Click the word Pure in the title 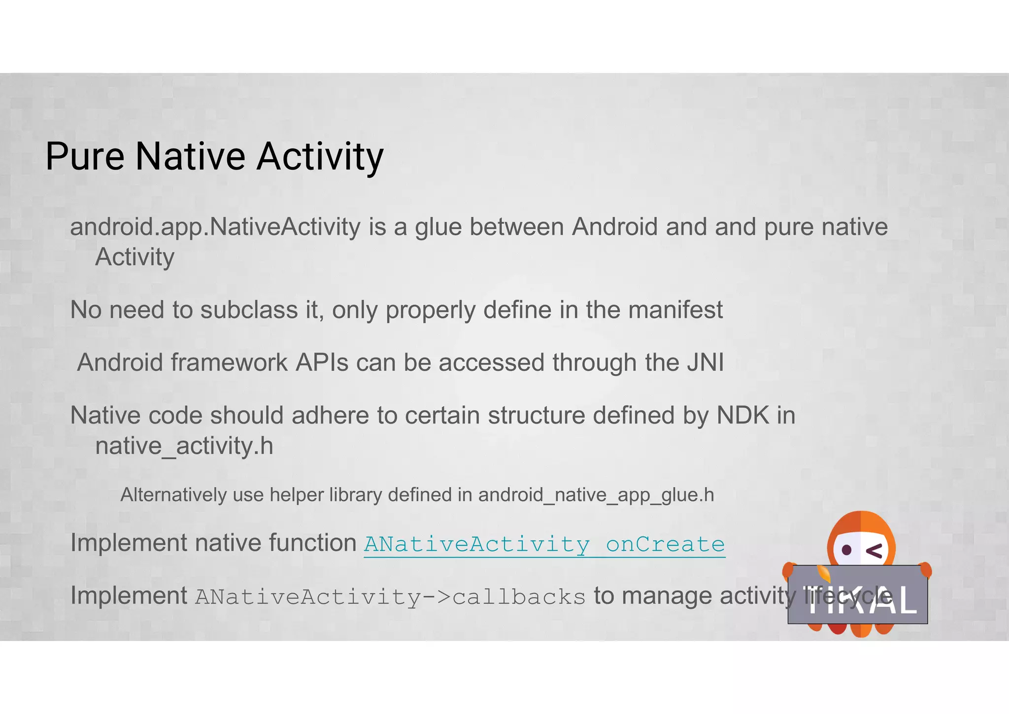click(x=85, y=156)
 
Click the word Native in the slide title click(x=190, y=156)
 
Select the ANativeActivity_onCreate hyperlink click(x=544, y=544)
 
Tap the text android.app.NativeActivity click(x=215, y=227)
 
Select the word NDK click(x=742, y=416)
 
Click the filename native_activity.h click(x=184, y=446)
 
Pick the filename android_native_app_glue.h click(x=596, y=495)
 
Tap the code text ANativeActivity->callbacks click(x=390, y=597)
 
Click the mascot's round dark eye click(x=847, y=549)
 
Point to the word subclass click(x=249, y=310)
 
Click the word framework click(x=229, y=363)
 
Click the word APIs click(x=322, y=363)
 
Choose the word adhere click(x=330, y=416)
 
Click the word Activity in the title click(x=320, y=156)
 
